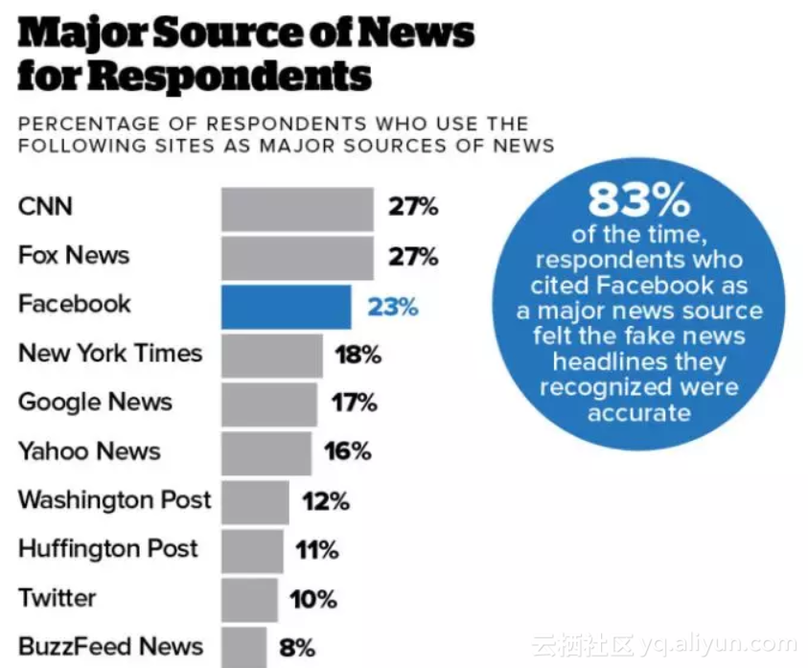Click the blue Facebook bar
pos(286,307)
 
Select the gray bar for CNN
pos(297,208)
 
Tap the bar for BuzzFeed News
pos(243,647)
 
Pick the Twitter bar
pos(249,599)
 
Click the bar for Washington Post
pos(255,501)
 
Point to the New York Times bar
pos(272,355)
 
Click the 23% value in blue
pos(393,307)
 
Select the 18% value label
pos(358,355)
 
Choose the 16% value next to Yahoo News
pos(347,451)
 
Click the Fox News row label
pos(74,256)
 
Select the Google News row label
pos(95,403)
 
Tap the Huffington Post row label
pos(107,549)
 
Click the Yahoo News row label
pos(89,451)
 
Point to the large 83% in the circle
pos(638,200)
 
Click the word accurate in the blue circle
pos(638,413)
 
